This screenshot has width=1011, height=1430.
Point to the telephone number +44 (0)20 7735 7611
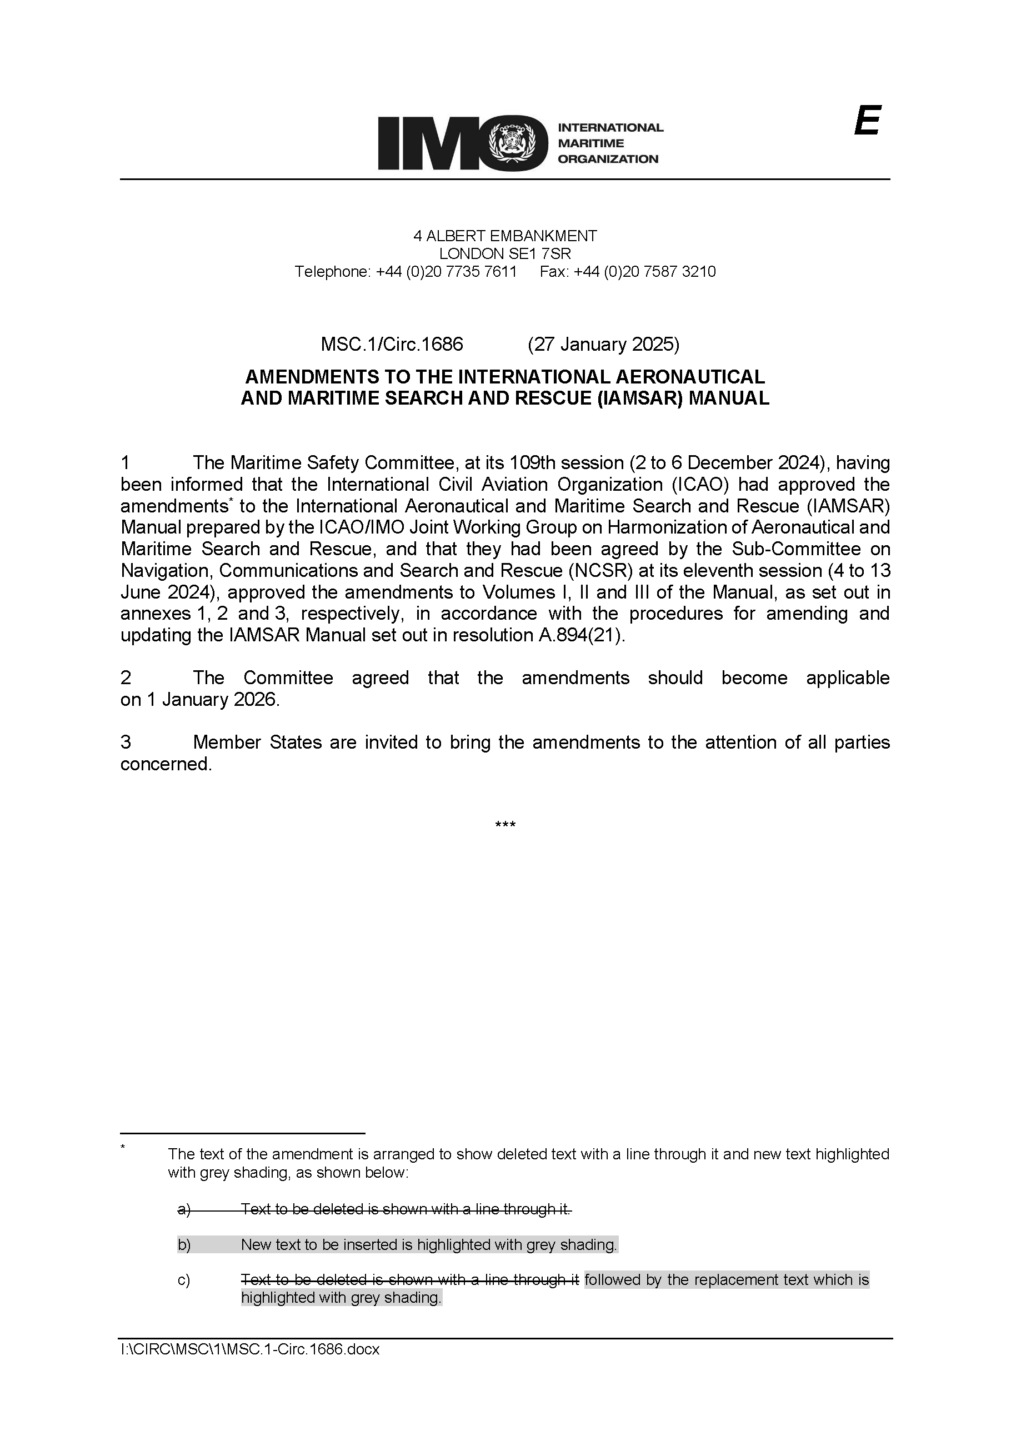coord(447,272)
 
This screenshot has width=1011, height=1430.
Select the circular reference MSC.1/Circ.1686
coord(392,345)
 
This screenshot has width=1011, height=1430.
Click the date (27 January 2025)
coord(603,345)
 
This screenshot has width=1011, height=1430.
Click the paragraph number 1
coord(126,463)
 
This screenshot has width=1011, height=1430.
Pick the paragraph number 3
coord(126,743)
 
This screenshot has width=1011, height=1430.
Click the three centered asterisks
coord(505,826)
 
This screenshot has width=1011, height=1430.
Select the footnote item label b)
coord(184,1244)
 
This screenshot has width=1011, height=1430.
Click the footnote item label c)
coord(184,1280)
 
